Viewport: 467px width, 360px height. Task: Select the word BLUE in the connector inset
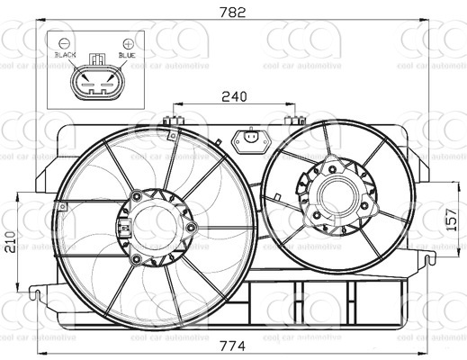click(x=127, y=55)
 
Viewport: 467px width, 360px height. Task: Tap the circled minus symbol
click(x=63, y=42)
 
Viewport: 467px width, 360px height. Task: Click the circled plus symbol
click(x=128, y=42)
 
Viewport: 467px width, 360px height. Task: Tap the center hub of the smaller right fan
click(x=338, y=195)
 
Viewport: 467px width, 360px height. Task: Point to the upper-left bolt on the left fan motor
click(x=136, y=196)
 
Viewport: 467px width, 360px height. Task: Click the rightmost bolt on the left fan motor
click(x=191, y=227)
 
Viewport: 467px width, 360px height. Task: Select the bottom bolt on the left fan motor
click(x=136, y=259)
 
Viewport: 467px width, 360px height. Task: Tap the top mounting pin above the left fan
click(x=174, y=118)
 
